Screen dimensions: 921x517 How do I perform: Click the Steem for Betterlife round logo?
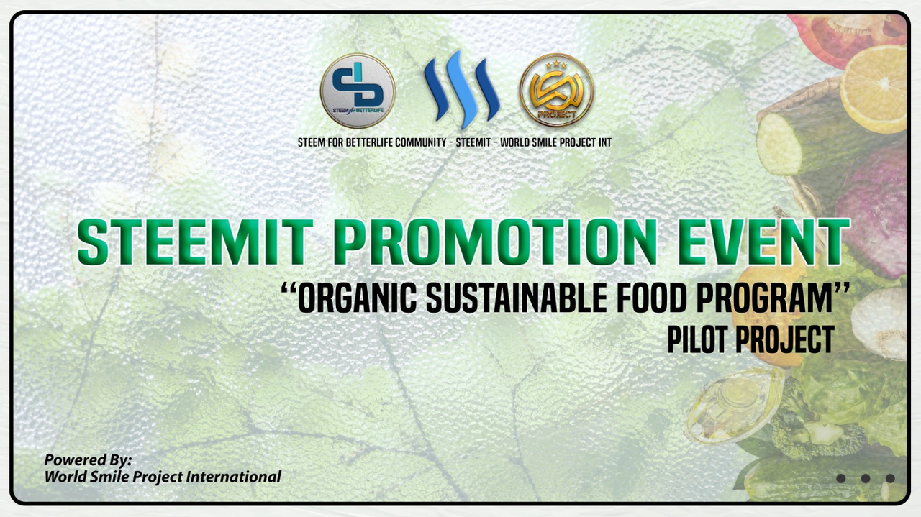(x=358, y=91)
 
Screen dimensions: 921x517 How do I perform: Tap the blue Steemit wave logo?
(x=462, y=89)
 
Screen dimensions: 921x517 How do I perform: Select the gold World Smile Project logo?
(x=556, y=90)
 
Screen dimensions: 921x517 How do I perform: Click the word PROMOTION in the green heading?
(x=494, y=242)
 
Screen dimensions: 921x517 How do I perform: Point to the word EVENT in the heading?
(x=763, y=242)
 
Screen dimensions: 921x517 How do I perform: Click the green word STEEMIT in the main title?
(x=195, y=242)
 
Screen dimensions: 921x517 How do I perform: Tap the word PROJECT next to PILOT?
(x=784, y=339)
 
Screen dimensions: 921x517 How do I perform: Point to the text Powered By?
(x=88, y=460)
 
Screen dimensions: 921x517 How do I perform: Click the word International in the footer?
(x=234, y=477)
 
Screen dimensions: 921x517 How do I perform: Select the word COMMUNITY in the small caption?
(x=420, y=142)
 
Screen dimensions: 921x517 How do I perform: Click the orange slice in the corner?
(x=873, y=89)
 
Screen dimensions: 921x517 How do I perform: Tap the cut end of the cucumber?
(x=779, y=144)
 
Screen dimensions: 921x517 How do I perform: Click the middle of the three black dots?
(x=866, y=478)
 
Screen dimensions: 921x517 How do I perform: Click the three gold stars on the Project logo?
(x=556, y=65)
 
